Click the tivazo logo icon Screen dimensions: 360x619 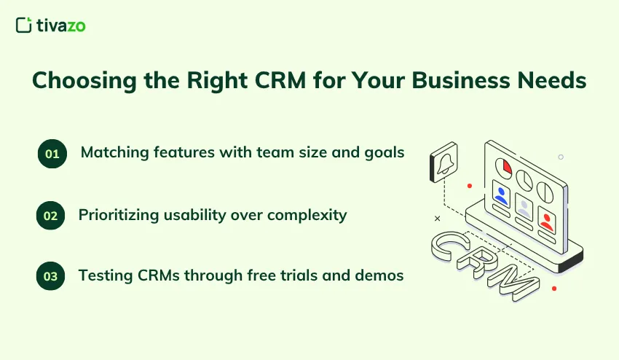pos(23,26)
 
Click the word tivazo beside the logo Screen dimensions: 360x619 pos(61,26)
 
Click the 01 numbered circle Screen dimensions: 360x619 pos(52,154)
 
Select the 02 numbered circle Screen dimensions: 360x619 pos(52,216)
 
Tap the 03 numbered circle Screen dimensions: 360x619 pos(52,276)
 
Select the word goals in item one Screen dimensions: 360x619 pos(385,153)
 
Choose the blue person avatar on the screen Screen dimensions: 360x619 pos(501,195)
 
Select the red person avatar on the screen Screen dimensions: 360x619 pos(545,218)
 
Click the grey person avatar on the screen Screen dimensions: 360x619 pos(524,206)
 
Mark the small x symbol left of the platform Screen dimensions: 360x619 pos(437,218)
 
